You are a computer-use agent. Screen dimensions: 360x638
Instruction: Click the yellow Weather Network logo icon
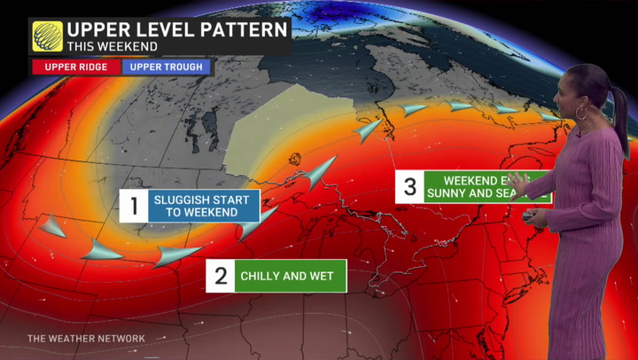pos(48,36)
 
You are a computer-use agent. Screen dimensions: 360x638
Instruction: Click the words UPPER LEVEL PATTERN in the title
pos(178,29)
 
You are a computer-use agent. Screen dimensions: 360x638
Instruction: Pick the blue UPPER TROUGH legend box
pos(166,67)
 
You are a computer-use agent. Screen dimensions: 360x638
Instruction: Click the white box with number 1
pos(135,207)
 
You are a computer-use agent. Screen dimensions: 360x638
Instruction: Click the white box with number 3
pos(409,186)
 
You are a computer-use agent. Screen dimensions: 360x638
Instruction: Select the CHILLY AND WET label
pos(287,276)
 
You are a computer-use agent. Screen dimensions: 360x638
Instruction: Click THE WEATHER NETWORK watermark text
pos(86,339)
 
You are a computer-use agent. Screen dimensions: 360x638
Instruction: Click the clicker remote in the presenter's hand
pos(528,215)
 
